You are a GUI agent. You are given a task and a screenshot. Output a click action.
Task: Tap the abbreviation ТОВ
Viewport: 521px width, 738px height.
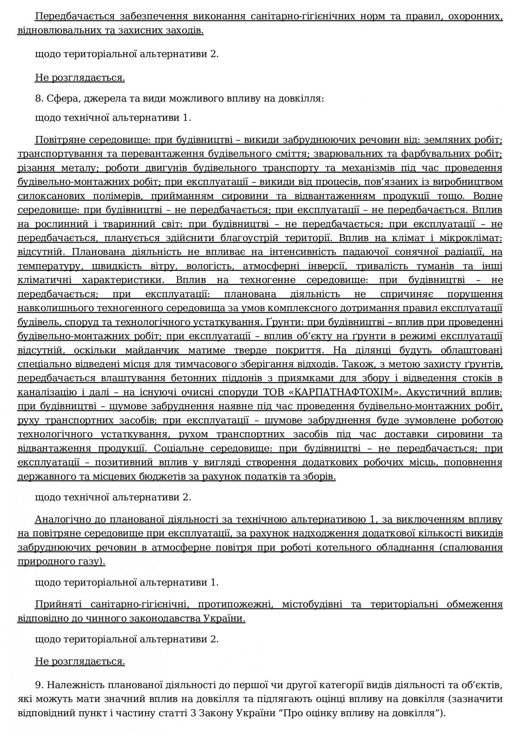click(x=274, y=392)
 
